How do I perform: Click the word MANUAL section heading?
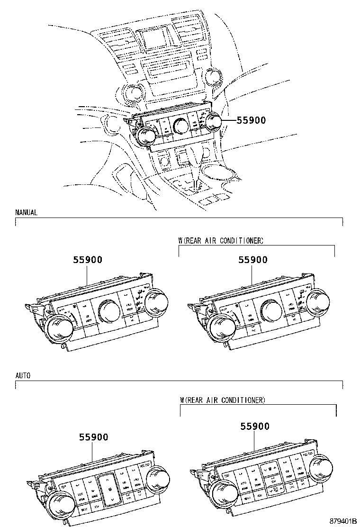coord(26,213)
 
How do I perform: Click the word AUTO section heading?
coord(23,375)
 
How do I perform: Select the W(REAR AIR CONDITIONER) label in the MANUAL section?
coord(221,241)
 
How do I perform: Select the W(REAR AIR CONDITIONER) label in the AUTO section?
coord(223,400)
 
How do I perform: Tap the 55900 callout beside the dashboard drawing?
coord(251,120)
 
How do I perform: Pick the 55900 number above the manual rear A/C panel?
coord(252,260)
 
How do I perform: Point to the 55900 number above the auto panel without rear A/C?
coord(94,437)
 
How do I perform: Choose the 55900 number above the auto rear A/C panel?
coord(255,427)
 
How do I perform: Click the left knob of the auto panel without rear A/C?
coord(60,503)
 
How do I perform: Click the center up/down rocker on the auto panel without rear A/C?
coord(108,489)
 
